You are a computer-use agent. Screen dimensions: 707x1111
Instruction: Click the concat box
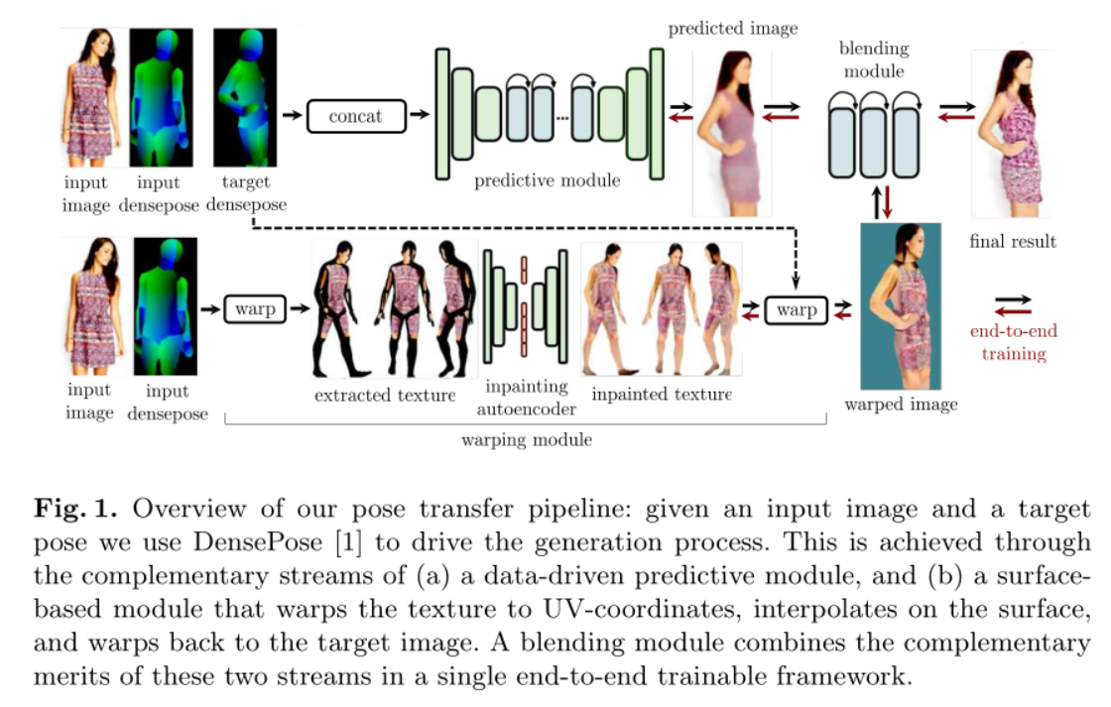(355, 116)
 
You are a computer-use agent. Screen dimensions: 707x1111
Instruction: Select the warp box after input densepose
(255, 309)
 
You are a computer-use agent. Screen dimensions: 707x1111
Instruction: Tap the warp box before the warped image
(796, 310)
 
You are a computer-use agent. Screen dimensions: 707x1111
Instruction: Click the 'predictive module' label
(547, 180)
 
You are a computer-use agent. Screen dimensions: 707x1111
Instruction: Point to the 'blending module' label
(873, 59)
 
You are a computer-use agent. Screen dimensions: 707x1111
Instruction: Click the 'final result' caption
(1012, 241)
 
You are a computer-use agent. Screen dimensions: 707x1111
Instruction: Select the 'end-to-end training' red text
(1013, 342)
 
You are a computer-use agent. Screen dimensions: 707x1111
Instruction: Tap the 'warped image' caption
(901, 404)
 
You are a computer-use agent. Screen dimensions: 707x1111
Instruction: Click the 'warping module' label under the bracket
(527, 439)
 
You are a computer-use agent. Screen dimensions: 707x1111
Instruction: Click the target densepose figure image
(244, 97)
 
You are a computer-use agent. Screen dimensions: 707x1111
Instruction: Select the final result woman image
(1011, 134)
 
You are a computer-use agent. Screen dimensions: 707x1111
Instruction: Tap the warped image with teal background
(901, 305)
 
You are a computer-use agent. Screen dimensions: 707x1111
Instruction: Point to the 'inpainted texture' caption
(661, 394)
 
